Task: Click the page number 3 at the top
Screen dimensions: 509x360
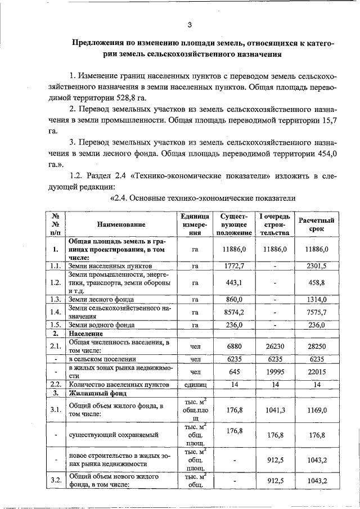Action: pos(190,25)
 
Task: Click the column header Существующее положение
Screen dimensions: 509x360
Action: pos(234,224)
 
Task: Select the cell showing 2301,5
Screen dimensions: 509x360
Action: pos(316,264)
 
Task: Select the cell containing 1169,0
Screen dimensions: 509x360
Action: pos(316,411)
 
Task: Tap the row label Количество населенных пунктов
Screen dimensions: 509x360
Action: pos(119,385)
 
